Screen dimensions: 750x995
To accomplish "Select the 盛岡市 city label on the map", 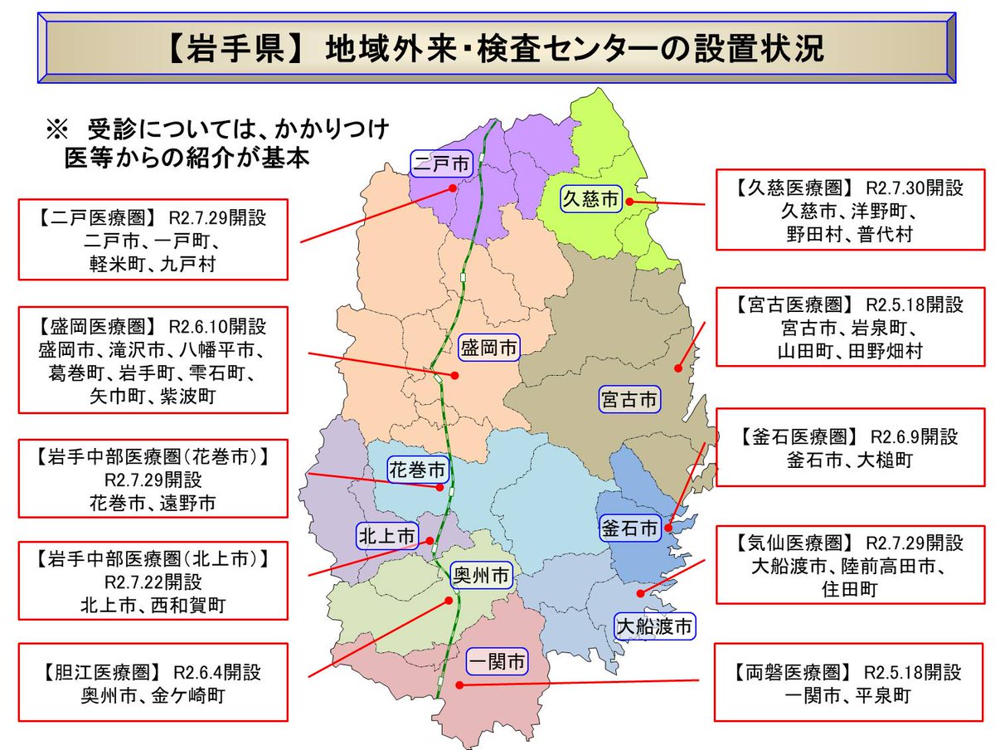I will (x=489, y=349).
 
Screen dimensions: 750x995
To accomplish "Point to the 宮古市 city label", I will (x=629, y=402).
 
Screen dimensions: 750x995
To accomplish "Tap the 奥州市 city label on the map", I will (x=480, y=575).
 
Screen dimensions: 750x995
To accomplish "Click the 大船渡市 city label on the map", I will (x=653, y=626).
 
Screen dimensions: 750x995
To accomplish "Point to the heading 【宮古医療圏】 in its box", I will (x=789, y=304).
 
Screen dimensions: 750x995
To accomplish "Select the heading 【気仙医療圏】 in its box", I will (x=789, y=543).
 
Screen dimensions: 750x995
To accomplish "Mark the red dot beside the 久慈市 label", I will (x=630, y=201).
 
